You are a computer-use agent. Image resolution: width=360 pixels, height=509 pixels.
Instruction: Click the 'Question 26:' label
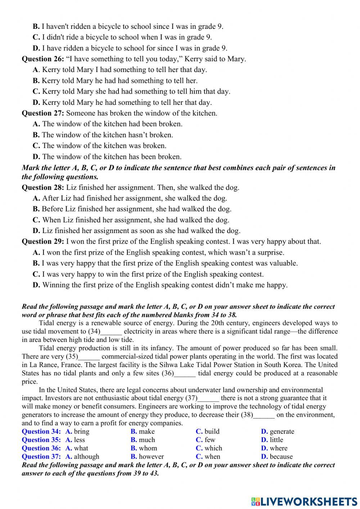click(x=43, y=59)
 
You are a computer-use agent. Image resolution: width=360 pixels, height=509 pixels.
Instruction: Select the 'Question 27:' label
click(x=43, y=113)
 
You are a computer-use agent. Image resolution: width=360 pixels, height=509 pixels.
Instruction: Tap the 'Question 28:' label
click(x=43, y=187)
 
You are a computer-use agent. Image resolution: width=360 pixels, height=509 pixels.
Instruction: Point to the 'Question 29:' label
click(x=43, y=241)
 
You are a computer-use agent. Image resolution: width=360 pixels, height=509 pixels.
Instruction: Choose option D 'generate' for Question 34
click(x=278, y=432)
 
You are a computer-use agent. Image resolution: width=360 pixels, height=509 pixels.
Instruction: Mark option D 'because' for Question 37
click(x=277, y=456)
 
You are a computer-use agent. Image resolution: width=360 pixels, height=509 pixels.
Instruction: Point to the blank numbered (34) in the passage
click(x=111, y=332)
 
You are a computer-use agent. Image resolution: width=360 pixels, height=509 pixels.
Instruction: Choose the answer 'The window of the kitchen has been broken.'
click(x=112, y=157)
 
